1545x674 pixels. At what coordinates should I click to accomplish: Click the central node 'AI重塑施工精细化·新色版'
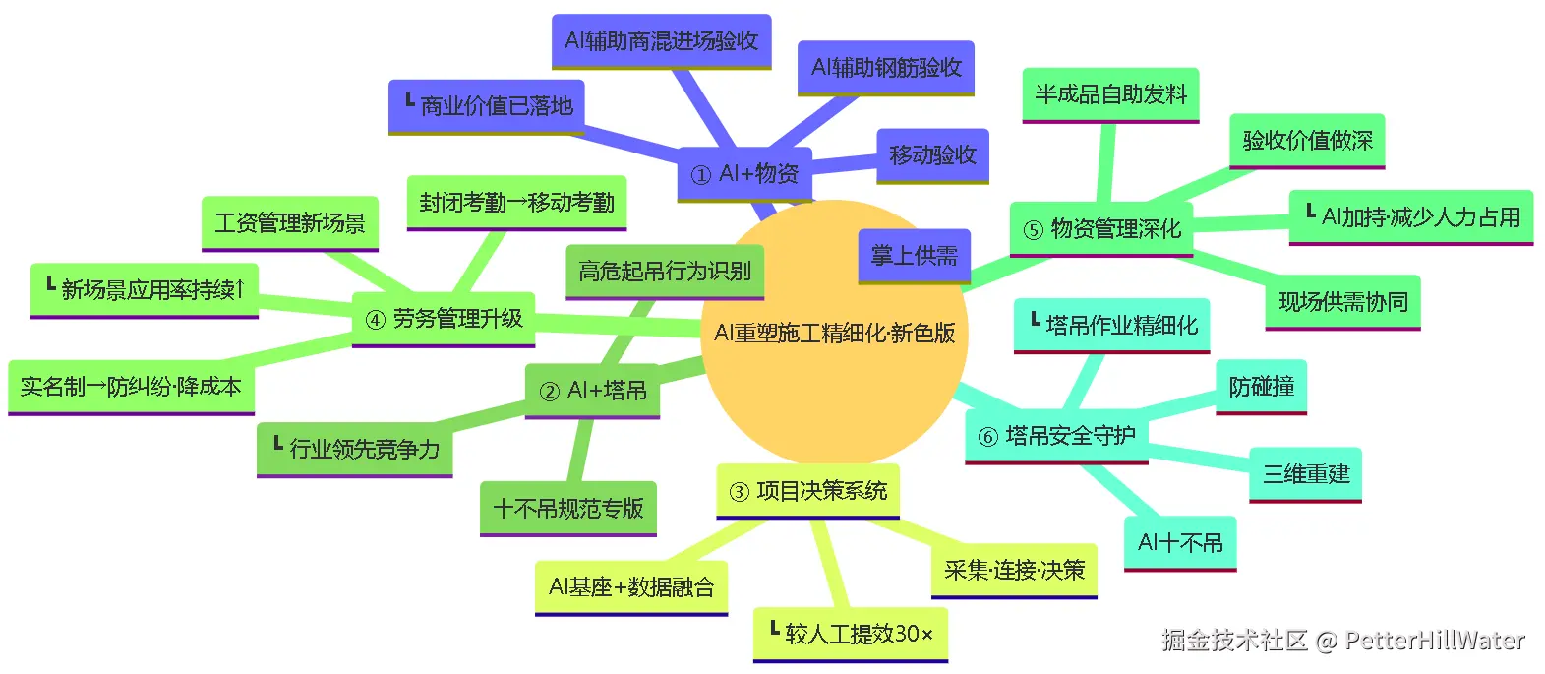[834, 334]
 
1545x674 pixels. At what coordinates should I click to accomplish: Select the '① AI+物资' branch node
[744, 174]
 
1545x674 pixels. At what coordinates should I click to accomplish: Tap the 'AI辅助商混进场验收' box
[662, 41]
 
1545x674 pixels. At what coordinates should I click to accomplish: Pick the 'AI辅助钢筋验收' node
[886, 68]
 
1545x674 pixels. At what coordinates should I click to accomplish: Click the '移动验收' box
[932, 155]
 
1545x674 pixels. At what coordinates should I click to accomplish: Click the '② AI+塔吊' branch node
[592, 392]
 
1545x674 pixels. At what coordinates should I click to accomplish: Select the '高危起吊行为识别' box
[664, 272]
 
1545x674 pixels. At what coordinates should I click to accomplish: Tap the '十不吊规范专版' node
[568, 509]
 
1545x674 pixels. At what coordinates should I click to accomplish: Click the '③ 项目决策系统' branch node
[807, 491]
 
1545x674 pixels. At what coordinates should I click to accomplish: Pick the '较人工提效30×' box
[851, 635]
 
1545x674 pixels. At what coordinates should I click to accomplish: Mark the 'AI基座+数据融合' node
[631, 587]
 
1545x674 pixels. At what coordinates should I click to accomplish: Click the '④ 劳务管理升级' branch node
[444, 320]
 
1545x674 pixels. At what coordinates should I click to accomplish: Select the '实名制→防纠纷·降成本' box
[131, 387]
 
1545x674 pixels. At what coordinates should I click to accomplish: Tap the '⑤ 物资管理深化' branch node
[1101, 229]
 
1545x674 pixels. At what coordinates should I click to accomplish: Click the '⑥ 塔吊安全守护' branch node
[1056, 436]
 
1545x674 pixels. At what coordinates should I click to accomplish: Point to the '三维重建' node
[1306, 474]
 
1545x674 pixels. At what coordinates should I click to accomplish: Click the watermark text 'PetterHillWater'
[1435, 641]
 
